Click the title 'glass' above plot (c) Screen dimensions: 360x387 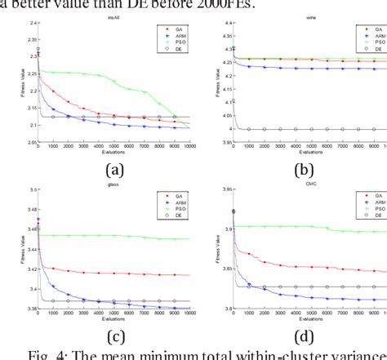click(x=114, y=185)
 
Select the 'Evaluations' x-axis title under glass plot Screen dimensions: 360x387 click(x=114, y=319)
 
